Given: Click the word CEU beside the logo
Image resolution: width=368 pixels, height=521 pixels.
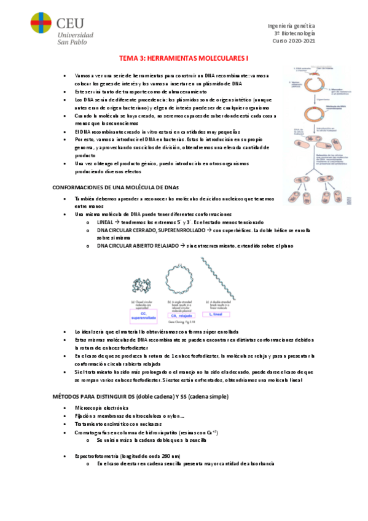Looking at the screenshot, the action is click(x=69, y=22).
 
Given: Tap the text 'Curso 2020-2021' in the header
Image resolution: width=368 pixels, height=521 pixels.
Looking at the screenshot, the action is click(x=293, y=41).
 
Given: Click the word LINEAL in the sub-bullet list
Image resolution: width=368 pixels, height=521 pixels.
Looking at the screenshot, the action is click(x=109, y=222).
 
